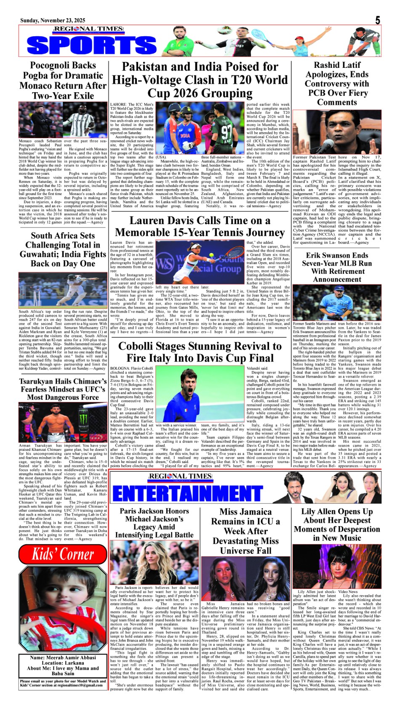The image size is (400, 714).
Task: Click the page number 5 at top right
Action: tap(377, 20)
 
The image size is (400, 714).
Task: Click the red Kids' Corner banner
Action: tap(63, 554)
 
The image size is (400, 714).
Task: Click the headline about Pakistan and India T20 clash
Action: tap(200, 80)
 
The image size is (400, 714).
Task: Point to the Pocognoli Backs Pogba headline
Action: tap(63, 80)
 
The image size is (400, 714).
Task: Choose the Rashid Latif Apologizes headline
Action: tap(337, 83)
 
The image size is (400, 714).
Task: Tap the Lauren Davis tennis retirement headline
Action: tap(200, 227)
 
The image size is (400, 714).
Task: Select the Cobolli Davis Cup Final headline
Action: tap(200, 352)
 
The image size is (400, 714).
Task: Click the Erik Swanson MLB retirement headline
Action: tap(337, 267)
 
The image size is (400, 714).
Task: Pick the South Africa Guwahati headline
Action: tap(63, 249)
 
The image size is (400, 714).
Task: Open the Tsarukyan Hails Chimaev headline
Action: tap(63, 389)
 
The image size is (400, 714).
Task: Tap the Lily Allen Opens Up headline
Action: tap(337, 524)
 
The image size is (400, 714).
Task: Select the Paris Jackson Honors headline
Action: tap(154, 523)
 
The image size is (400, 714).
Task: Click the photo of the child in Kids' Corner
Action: tap(63, 609)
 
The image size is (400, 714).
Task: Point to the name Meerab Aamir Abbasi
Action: tap(63, 658)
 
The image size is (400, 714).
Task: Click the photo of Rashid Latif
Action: tap(337, 132)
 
